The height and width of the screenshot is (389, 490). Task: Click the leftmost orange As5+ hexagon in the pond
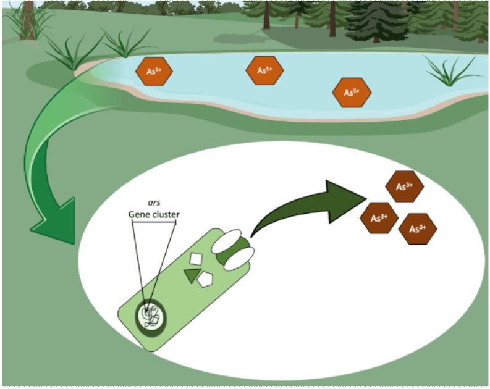coord(154,71)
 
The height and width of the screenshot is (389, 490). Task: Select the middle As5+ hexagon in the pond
coord(264,70)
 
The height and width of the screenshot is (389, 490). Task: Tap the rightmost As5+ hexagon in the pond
coord(352,93)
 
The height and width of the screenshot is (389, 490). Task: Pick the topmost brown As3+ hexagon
coord(405,186)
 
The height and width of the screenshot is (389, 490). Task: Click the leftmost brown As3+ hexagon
coord(379,218)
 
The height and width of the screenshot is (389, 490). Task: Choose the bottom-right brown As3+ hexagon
coord(418,229)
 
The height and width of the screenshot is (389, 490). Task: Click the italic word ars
coord(154,203)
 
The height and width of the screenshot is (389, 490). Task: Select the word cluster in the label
coord(163,214)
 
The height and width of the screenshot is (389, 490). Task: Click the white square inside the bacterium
coord(196,259)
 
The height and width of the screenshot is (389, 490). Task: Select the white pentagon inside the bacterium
coord(205,280)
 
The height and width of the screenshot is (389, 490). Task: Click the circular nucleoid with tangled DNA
coord(151,318)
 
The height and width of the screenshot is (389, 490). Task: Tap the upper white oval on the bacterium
coord(227,241)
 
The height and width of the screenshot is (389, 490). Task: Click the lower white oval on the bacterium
coord(239,259)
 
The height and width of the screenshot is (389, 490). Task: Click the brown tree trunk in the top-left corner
coord(28,20)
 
